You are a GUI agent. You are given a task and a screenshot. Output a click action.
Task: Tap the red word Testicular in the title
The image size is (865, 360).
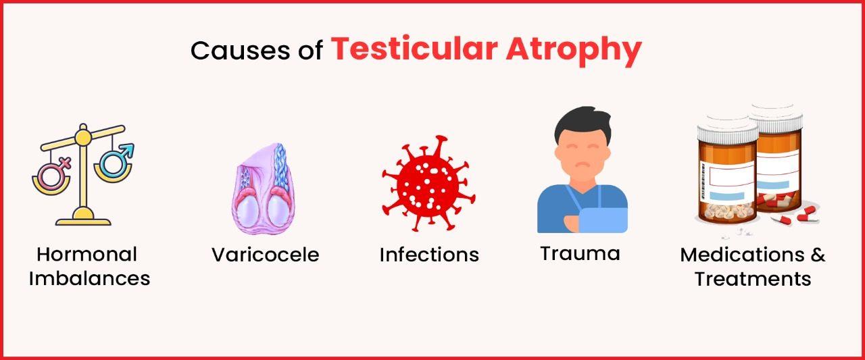408,49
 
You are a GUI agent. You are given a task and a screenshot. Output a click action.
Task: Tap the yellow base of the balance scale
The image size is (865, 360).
82,217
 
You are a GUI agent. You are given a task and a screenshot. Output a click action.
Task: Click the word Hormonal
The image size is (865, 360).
86,255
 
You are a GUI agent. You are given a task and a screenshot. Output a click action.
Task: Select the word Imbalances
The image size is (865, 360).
89,278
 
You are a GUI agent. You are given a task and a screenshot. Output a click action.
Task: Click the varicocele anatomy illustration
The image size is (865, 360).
264,188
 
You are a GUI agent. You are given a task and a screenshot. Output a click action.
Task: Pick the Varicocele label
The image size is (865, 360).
265,255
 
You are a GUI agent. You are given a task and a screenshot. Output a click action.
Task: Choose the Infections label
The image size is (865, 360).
428,255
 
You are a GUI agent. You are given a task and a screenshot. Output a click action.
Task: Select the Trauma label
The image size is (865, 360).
580,254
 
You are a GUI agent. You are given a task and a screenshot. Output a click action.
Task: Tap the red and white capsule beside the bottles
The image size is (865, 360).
806,213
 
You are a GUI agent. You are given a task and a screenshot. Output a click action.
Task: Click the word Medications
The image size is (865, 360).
737,255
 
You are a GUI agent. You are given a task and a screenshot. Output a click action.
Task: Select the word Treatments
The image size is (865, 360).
753,278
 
